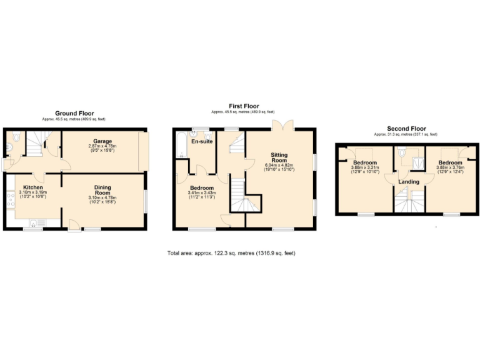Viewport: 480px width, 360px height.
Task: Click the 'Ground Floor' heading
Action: (74, 113)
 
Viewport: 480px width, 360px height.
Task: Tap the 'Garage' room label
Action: (103, 141)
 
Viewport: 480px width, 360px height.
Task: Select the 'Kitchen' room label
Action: (32, 187)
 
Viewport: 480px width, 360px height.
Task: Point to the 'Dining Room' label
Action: (102, 190)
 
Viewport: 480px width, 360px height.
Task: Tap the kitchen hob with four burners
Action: (9, 200)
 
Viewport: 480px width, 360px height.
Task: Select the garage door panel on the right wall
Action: (144, 151)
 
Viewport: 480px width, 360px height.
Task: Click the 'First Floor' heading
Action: (243, 106)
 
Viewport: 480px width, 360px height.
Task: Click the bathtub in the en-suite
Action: (181, 145)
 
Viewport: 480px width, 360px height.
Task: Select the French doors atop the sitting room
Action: (285, 125)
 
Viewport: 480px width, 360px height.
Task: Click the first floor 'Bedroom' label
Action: (201, 187)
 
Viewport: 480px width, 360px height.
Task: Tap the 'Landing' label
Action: (409, 181)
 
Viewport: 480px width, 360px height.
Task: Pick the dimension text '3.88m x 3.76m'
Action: (452, 167)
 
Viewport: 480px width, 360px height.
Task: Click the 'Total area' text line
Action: (231, 253)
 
